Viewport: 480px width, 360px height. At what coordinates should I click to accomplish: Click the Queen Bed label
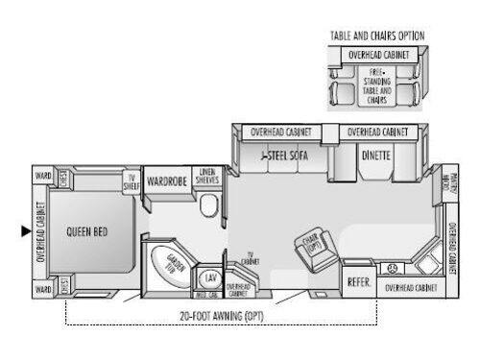pyautogui.click(x=84, y=230)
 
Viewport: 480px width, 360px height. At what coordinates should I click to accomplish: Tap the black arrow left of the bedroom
pyautogui.click(x=27, y=230)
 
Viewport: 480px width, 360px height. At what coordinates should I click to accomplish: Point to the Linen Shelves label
pyautogui.click(x=207, y=178)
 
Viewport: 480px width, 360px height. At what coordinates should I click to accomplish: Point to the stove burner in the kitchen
pyautogui.click(x=391, y=268)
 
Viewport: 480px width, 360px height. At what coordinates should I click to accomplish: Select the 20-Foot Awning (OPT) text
pyautogui.click(x=222, y=316)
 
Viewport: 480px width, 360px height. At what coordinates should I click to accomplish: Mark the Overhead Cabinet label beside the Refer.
pyautogui.click(x=412, y=287)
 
